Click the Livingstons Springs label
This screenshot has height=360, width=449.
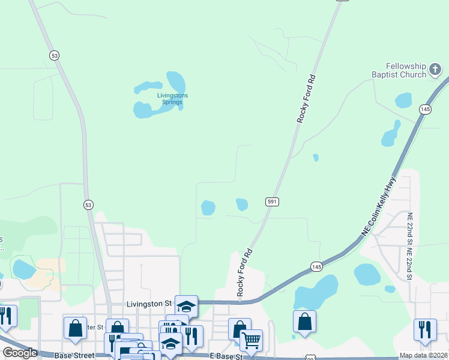click(x=172, y=98)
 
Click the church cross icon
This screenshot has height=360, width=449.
click(x=435, y=71)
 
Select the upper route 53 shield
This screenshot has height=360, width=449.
click(x=55, y=55)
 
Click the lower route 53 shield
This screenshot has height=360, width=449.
click(x=89, y=204)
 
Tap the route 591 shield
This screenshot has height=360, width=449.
click(x=271, y=202)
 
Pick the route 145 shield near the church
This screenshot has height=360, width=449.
click(x=425, y=109)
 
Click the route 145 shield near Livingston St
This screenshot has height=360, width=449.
click(x=316, y=266)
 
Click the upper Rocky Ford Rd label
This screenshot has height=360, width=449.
click(x=306, y=99)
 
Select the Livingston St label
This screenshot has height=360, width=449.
click(x=149, y=304)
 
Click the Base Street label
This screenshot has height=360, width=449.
click(x=74, y=355)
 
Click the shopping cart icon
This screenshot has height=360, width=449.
click(x=251, y=340)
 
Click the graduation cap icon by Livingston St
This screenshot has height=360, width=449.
click(x=186, y=305)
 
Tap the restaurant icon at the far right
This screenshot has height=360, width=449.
click(x=425, y=329)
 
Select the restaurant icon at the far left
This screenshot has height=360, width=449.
click(x=5, y=316)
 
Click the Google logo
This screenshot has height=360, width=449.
click(x=20, y=353)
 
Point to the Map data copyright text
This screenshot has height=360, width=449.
click(x=423, y=356)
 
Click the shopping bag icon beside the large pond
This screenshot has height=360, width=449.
click(x=304, y=320)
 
